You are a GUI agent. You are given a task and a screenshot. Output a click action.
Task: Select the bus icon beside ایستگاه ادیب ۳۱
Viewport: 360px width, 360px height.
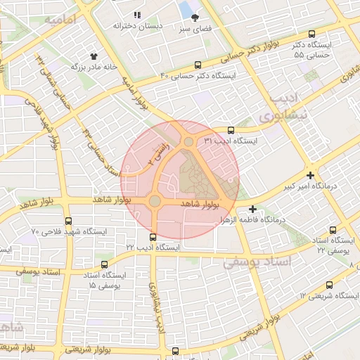click(231, 130)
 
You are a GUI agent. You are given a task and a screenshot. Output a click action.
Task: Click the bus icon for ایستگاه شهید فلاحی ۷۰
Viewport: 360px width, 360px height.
click(67, 220)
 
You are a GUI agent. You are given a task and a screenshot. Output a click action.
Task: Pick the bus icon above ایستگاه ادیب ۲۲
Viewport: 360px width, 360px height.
click(153, 236)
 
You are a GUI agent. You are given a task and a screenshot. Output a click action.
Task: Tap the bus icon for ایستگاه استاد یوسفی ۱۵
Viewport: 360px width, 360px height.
click(105, 265)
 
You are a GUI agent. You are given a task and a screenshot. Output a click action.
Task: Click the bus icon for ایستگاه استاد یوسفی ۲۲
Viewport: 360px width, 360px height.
click(333, 230)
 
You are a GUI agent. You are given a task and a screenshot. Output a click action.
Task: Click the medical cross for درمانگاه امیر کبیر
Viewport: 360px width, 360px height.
click(310, 175)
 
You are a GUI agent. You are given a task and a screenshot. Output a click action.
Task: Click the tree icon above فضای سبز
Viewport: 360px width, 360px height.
click(195, 18)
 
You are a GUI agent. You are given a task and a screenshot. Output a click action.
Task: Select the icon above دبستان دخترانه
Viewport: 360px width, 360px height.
click(138, 15)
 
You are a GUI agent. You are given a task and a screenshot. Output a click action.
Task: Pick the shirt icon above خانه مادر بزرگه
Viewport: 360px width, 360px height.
click(94, 55)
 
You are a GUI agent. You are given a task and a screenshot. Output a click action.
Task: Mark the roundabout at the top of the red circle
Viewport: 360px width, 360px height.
click(188, 142)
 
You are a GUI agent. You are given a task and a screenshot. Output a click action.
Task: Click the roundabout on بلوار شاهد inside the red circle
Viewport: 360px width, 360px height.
click(155, 202)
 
